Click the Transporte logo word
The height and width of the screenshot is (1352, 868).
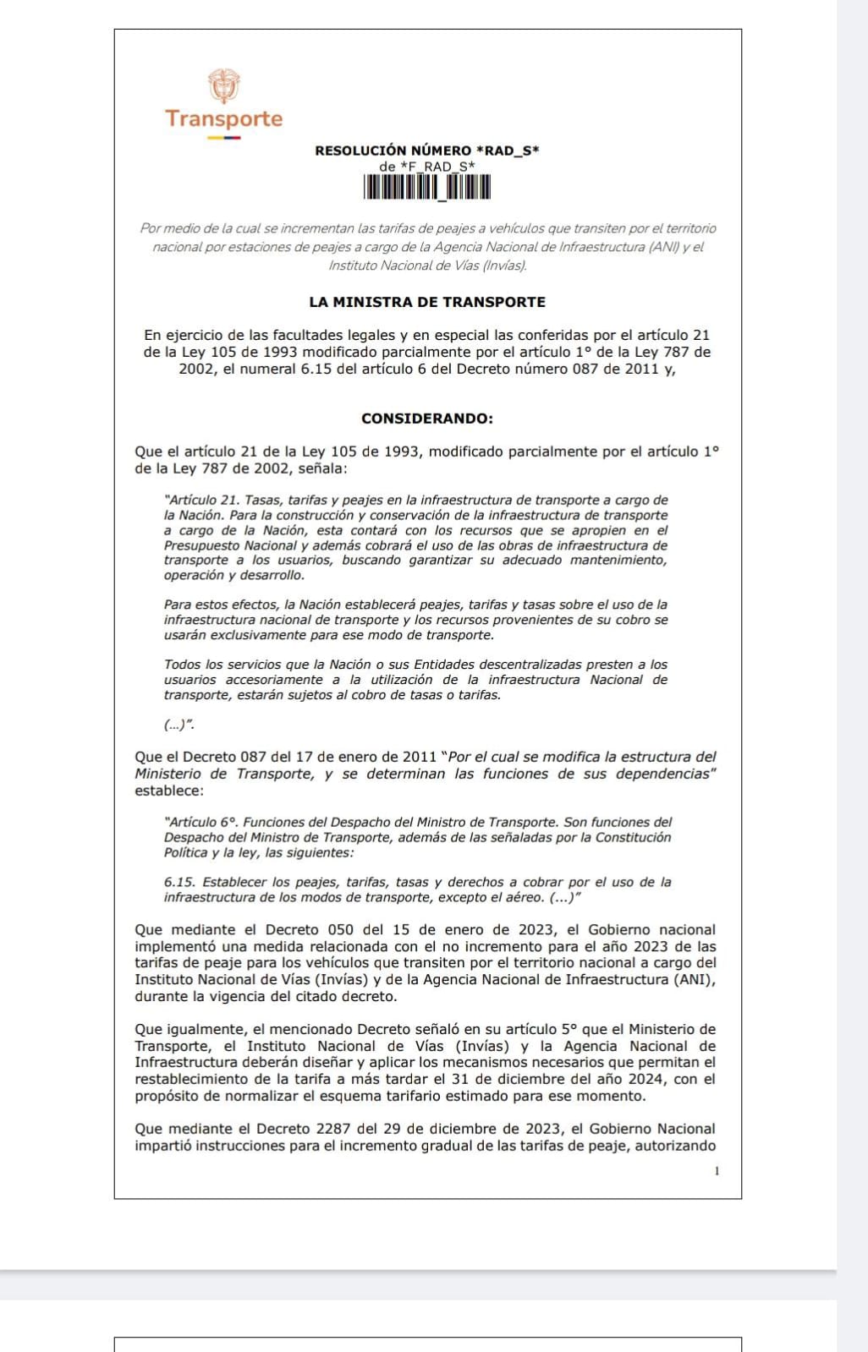click(223, 118)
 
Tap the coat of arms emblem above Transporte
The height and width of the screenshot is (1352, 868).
click(223, 85)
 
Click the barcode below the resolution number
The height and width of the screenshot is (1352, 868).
click(427, 187)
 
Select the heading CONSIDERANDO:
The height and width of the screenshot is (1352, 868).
click(427, 419)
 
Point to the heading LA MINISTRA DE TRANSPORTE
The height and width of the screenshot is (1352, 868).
click(427, 302)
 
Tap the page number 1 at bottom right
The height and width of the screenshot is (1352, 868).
click(717, 1171)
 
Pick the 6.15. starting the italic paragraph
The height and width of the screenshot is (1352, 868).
click(179, 882)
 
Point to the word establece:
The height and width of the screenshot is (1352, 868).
click(169, 791)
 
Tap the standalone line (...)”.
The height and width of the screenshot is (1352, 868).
click(179, 725)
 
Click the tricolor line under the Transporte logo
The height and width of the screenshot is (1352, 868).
click(223, 137)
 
